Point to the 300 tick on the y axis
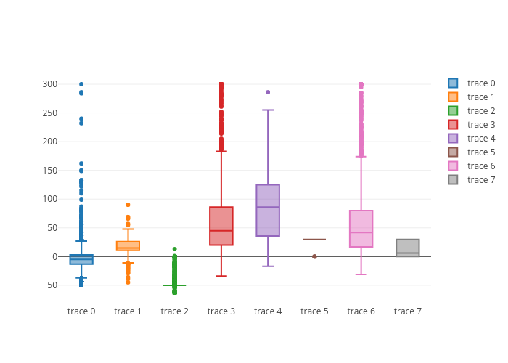[49, 84]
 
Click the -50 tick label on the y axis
[48, 285]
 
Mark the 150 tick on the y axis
[49, 171]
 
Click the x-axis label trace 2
[175, 311]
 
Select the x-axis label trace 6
[361, 311]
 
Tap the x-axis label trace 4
[268, 311]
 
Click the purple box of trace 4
[268, 211]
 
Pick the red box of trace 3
[221, 226]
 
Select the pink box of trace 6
[361, 229]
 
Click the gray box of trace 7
[408, 248]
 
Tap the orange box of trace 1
[128, 246]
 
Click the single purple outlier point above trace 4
[268, 92]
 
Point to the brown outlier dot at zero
[314, 256]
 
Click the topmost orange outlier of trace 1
[128, 205]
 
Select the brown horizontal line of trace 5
[314, 239]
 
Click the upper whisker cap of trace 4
[268, 110]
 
